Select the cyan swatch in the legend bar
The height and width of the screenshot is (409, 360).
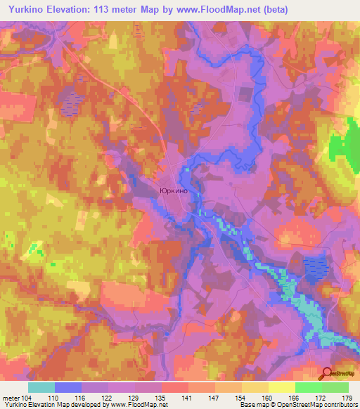coord(41,387)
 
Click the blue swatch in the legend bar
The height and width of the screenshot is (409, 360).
coord(68,387)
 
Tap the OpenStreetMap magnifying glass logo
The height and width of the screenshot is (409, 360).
coord(327,374)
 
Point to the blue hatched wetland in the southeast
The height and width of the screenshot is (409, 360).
coord(316,267)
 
